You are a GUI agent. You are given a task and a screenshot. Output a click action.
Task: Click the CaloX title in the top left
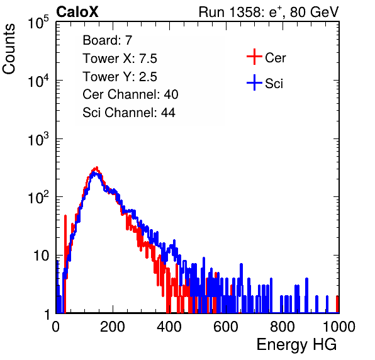77,12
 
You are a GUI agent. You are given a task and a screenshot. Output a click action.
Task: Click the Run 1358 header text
269,12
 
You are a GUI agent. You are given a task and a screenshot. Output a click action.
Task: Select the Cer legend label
275,58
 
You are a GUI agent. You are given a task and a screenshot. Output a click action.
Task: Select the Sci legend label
274,84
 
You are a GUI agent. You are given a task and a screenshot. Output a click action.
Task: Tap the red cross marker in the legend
254,57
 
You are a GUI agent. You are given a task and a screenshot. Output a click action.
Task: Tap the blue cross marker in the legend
254,82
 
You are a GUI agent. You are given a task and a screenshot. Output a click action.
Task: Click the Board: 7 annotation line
107,40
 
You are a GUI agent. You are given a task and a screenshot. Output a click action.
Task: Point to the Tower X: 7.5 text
120,59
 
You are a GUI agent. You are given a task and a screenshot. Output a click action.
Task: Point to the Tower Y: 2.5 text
120,77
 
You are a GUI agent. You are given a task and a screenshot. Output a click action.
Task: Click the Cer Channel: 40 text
130,94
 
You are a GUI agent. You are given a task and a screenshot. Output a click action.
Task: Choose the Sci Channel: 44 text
129,113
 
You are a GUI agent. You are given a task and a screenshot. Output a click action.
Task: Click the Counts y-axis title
9,49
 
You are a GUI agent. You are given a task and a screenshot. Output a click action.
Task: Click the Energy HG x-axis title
296,345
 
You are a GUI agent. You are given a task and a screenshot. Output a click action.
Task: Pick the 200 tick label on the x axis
113,327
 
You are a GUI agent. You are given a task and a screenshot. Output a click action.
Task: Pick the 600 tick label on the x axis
226,327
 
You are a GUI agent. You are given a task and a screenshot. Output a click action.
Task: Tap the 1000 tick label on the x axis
339,327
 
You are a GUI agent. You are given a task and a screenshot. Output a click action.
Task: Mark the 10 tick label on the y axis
41,256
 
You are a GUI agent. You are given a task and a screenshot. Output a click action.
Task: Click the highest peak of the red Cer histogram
97,167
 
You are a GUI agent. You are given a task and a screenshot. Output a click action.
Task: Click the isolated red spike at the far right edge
337,304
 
